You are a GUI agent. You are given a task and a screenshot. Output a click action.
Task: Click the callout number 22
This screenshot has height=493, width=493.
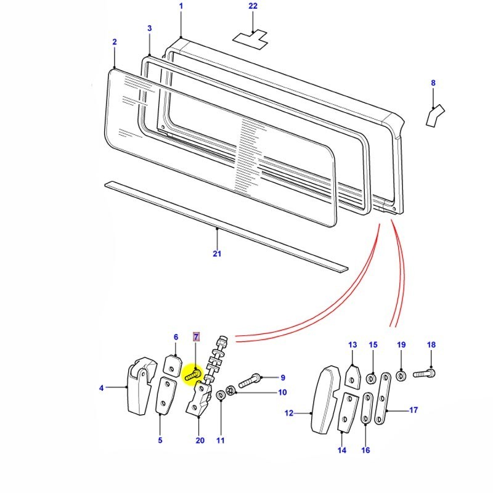pyautogui.click(x=253, y=6)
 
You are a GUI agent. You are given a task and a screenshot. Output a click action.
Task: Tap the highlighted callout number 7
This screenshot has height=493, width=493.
pyautogui.click(x=197, y=336)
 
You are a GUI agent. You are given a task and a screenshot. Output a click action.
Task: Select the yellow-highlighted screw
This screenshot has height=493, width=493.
pyautogui.click(x=193, y=373)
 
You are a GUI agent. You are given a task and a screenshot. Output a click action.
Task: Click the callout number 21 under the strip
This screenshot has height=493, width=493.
pyautogui.click(x=217, y=253)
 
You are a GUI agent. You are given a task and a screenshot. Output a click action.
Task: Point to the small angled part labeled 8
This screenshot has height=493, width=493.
pyautogui.click(x=436, y=114)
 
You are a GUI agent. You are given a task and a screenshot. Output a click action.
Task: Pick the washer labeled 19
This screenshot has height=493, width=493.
pyautogui.click(x=401, y=375)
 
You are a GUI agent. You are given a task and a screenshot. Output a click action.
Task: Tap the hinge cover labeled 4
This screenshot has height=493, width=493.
pyautogui.click(x=139, y=388)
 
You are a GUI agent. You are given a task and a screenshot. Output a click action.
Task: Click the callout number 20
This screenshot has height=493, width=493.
pyautogui.click(x=199, y=441)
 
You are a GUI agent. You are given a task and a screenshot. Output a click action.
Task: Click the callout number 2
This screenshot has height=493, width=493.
pyautogui.click(x=115, y=42)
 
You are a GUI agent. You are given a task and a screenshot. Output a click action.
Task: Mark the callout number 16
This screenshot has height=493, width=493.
pyautogui.click(x=365, y=450)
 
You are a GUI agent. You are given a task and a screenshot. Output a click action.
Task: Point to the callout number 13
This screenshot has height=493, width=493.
pyautogui.click(x=352, y=344)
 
